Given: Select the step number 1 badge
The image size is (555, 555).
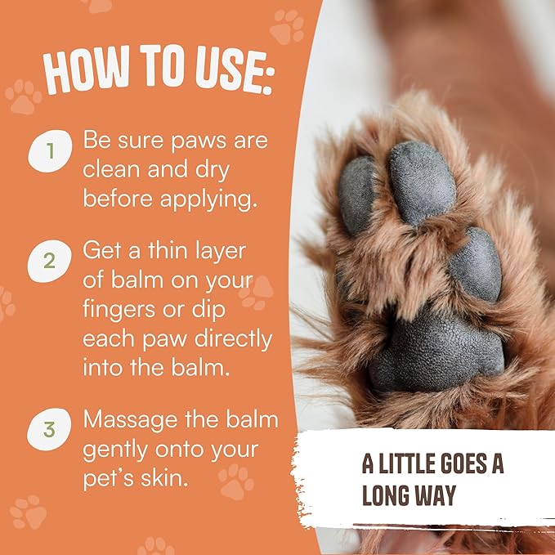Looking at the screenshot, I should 50,152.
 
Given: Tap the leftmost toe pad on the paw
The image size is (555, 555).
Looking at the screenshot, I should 356,194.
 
